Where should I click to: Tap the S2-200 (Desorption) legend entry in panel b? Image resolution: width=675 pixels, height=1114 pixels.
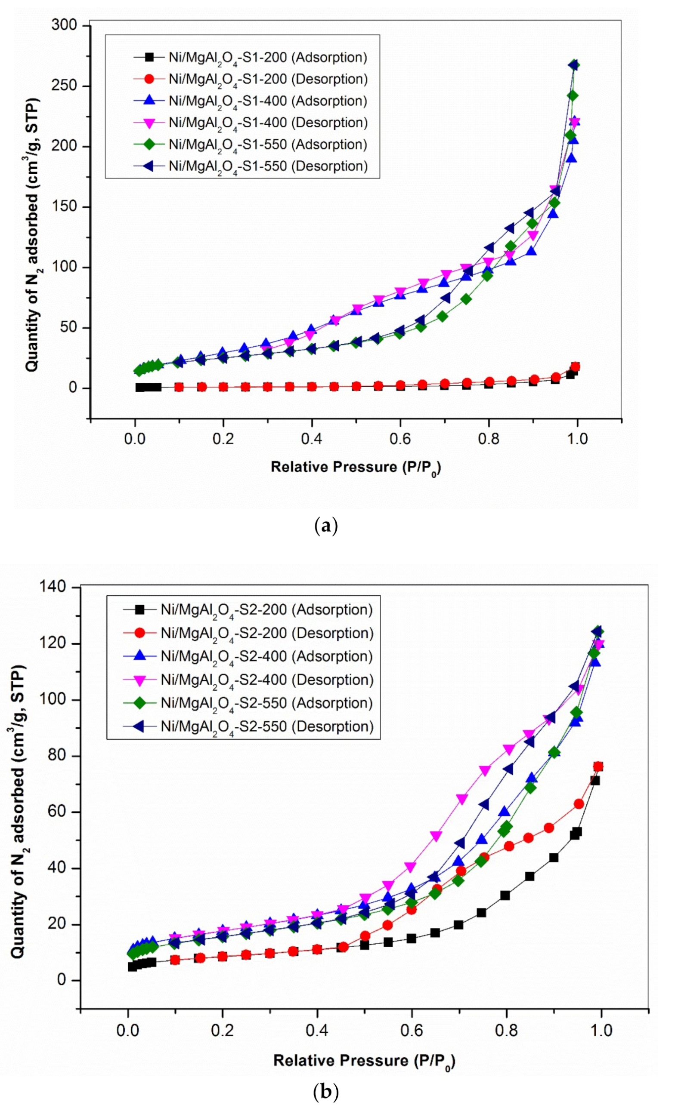point(267,633)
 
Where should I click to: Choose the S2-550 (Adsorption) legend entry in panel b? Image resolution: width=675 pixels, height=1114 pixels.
point(267,703)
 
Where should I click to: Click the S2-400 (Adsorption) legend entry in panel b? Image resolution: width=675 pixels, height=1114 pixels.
point(267,656)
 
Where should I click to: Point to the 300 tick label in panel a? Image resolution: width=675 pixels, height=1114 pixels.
point(64,25)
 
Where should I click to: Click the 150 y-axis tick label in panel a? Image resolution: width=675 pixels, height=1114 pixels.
point(64,207)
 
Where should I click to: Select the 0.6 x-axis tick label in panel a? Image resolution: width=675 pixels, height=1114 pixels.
point(400,438)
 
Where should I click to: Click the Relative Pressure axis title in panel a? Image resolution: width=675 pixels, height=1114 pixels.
point(356,468)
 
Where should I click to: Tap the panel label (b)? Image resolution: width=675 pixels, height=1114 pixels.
point(326,1092)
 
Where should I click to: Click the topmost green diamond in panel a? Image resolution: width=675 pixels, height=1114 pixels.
point(574,65)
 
